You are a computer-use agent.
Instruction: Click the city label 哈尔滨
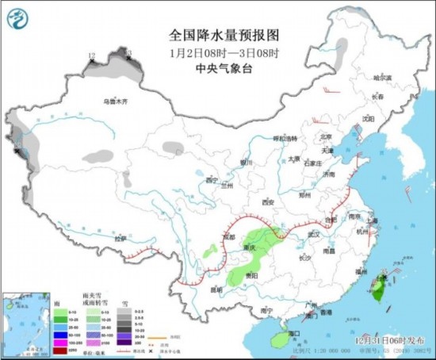pos(382,78)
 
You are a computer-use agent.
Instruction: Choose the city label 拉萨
pos(120,238)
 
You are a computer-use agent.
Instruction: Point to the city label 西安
pos(267,201)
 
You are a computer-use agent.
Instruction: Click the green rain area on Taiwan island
pos(378,292)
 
